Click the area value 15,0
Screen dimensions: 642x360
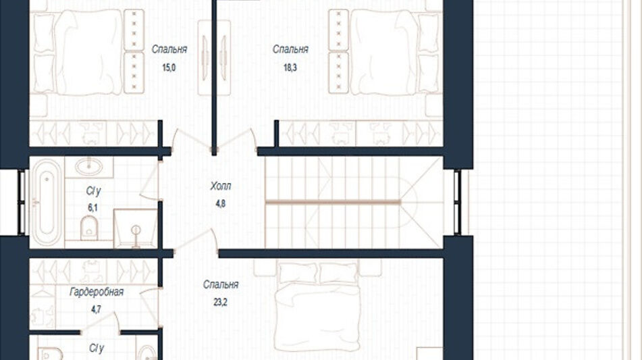169,68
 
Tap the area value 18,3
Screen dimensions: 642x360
290,68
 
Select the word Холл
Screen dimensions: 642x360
220,186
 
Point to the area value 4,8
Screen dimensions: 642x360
220,203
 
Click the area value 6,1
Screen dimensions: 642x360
93,207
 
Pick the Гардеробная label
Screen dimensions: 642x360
97,292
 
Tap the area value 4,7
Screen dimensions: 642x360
96,309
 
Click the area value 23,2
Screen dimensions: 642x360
220,303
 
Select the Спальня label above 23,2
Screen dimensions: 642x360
220,284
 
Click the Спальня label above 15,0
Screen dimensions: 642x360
169,49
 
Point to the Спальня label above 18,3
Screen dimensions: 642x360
290,49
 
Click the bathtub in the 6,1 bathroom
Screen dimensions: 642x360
47,203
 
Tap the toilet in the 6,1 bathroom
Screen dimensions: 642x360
89,228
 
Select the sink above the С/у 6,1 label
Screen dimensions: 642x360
89,166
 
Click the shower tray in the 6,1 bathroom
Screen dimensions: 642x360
136,228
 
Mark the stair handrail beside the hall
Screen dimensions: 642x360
332,202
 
